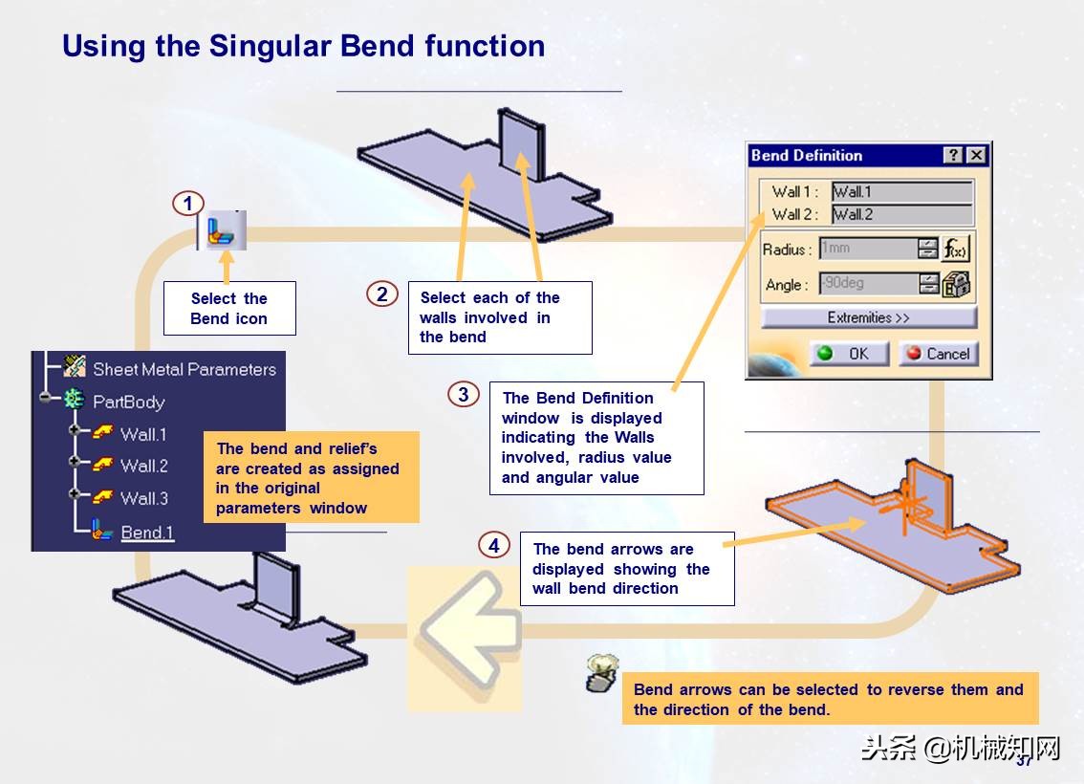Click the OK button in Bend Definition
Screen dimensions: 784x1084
(849, 354)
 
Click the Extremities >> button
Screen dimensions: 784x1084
(869, 317)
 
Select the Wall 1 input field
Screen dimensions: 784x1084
(901, 191)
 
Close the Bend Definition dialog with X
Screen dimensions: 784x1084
(975, 156)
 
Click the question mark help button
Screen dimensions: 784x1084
(953, 156)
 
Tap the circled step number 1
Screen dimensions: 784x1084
(188, 204)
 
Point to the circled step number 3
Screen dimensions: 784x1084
(464, 394)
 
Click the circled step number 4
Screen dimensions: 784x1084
(493, 546)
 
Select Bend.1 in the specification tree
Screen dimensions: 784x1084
(147, 533)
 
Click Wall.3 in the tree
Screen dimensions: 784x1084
(143, 498)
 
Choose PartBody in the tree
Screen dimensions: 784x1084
(128, 402)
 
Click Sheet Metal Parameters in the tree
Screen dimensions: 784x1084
(184, 369)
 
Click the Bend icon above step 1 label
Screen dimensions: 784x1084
(227, 231)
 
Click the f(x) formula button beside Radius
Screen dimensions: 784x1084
(955, 249)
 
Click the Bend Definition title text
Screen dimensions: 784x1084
(807, 156)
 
